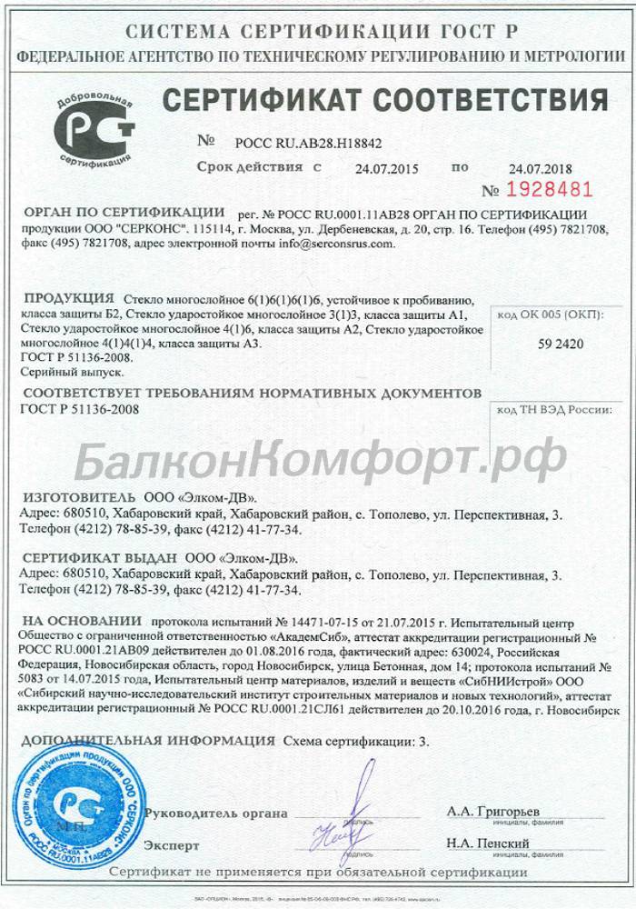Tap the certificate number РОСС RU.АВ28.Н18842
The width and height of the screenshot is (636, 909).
pyautogui.click(x=308, y=143)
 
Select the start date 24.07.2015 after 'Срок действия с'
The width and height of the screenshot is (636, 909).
pyautogui.click(x=381, y=167)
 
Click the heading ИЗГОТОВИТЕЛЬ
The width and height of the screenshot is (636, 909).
pyautogui.click(x=75, y=498)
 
